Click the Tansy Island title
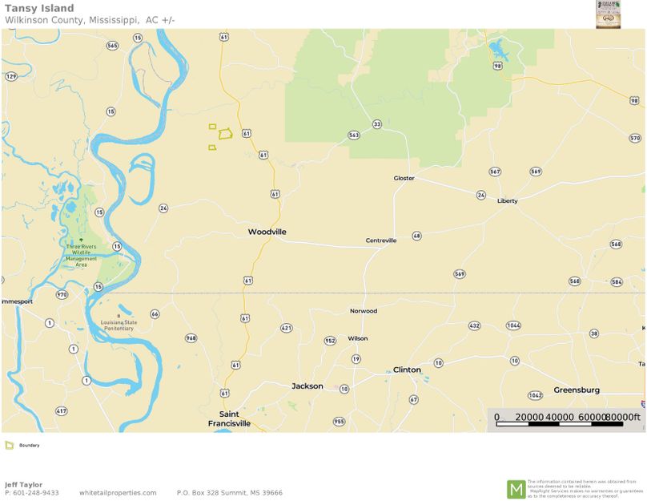click(39, 8)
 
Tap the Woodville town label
click(267, 232)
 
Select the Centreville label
click(380, 240)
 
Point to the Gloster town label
click(404, 178)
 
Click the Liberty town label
click(507, 200)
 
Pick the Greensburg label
click(577, 390)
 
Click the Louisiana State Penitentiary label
click(119, 325)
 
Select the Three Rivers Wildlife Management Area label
click(82, 253)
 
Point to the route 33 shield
click(376, 124)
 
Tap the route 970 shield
click(62, 294)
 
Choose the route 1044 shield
click(514, 325)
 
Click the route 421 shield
click(287, 327)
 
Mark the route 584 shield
click(616, 281)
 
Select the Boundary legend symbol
click(9, 445)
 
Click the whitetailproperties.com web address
click(118, 493)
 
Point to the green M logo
click(516, 488)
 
